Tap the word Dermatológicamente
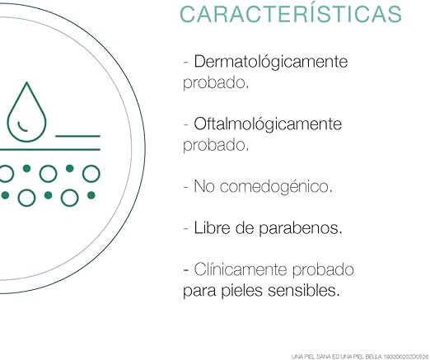pyautogui.click(x=271, y=61)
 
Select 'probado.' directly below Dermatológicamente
pyautogui.click(x=216, y=82)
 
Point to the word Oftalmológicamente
pyautogui.click(x=268, y=124)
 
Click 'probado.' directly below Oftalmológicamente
pyautogui.click(x=216, y=145)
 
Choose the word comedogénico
pyautogui.click(x=276, y=186)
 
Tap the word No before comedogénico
pyautogui.click(x=204, y=186)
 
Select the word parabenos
pyautogui.click(x=301, y=228)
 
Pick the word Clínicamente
pyautogui.click(x=241, y=269)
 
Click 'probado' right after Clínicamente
pyautogui.click(x=323, y=269)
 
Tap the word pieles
pyautogui.click(x=241, y=291)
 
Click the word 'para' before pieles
pyautogui.click(x=199, y=292)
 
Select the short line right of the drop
pyautogui.click(x=77, y=136)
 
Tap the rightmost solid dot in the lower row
pyautogui.click(x=91, y=195)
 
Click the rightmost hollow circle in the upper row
pyautogui.click(x=91, y=174)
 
